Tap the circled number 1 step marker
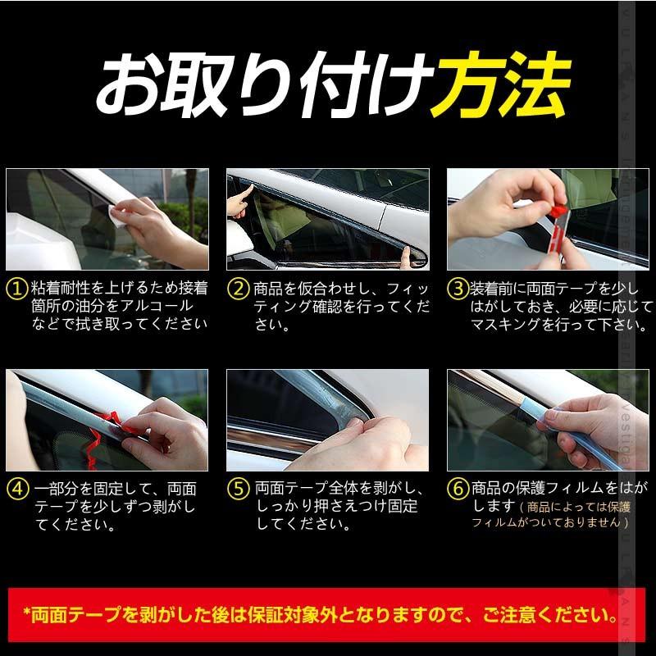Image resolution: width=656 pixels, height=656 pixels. [x=16, y=289]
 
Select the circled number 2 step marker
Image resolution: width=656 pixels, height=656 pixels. [x=238, y=289]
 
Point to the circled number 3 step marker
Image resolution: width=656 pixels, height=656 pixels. [x=457, y=289]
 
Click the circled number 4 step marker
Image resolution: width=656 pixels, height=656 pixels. [x=16, y=489]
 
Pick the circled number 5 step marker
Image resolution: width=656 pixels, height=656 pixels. [x=238, y=489]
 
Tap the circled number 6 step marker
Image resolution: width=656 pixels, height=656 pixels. [x=457, y=489]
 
